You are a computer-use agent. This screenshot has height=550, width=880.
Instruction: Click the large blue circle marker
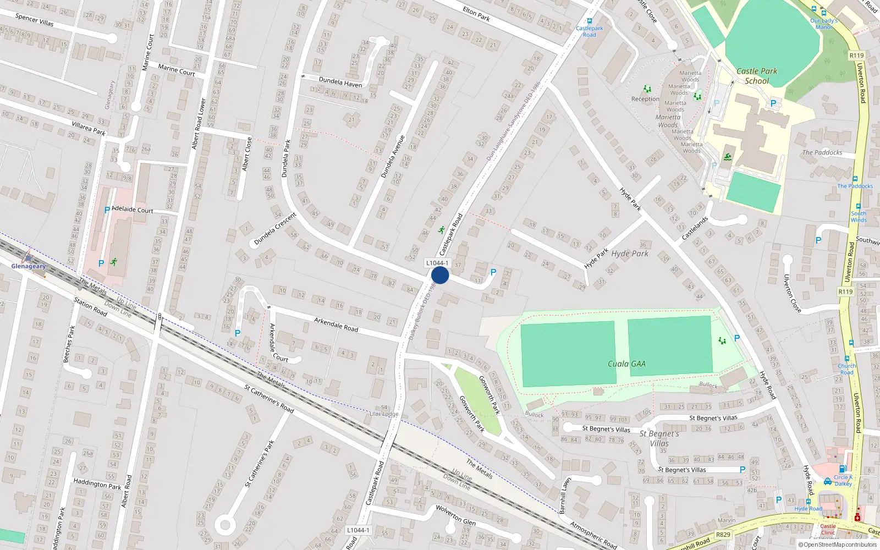(440, 275)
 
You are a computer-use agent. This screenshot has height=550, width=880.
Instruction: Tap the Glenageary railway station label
(29, 266)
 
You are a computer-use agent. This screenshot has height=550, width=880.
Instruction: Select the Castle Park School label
(757, 76)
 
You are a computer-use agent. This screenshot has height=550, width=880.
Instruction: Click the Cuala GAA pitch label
(626, 364)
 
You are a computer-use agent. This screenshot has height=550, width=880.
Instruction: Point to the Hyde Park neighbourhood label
(630, 254)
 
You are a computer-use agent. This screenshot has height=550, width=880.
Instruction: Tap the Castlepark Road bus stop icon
(590, 21)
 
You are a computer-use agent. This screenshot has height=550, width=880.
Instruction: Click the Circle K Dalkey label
(843, 480)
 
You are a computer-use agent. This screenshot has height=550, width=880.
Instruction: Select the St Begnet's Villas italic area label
(659, 438)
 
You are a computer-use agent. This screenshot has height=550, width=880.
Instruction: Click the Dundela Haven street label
(340, 82)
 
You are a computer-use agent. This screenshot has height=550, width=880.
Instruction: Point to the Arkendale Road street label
(336, 324)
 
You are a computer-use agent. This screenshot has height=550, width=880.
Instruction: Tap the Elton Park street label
(476, 13)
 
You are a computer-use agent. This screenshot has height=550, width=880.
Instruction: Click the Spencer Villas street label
(35, 19)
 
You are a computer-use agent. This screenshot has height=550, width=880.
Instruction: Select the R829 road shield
(723, 535)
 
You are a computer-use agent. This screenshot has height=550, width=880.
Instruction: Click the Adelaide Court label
(133, 210)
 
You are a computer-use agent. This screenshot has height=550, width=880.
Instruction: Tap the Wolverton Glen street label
(455, 515)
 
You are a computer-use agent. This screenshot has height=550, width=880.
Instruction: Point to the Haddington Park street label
(97, 483)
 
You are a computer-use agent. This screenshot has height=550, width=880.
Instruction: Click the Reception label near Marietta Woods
(645, 99)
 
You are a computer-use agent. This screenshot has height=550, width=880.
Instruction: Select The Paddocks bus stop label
(855, 186)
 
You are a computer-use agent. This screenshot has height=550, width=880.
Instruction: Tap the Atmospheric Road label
(593, 535)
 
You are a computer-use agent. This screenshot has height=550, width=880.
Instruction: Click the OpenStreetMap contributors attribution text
(838, 544)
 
